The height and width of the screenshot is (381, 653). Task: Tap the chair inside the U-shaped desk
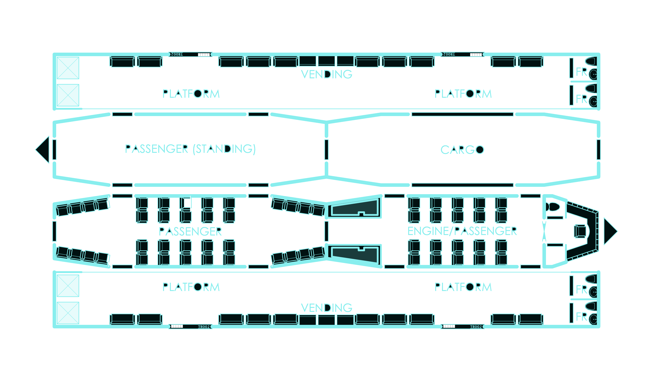(580, 231)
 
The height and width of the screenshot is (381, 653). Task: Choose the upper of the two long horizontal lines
(462, 114)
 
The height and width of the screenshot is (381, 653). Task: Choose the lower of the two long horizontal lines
(462, 185)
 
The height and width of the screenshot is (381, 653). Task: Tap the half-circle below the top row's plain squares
(327, 74)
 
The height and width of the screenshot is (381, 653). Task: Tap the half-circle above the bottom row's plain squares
(327, 308)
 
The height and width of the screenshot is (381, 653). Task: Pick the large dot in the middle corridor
(480, 150)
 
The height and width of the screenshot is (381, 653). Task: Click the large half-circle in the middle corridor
(227, 149)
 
